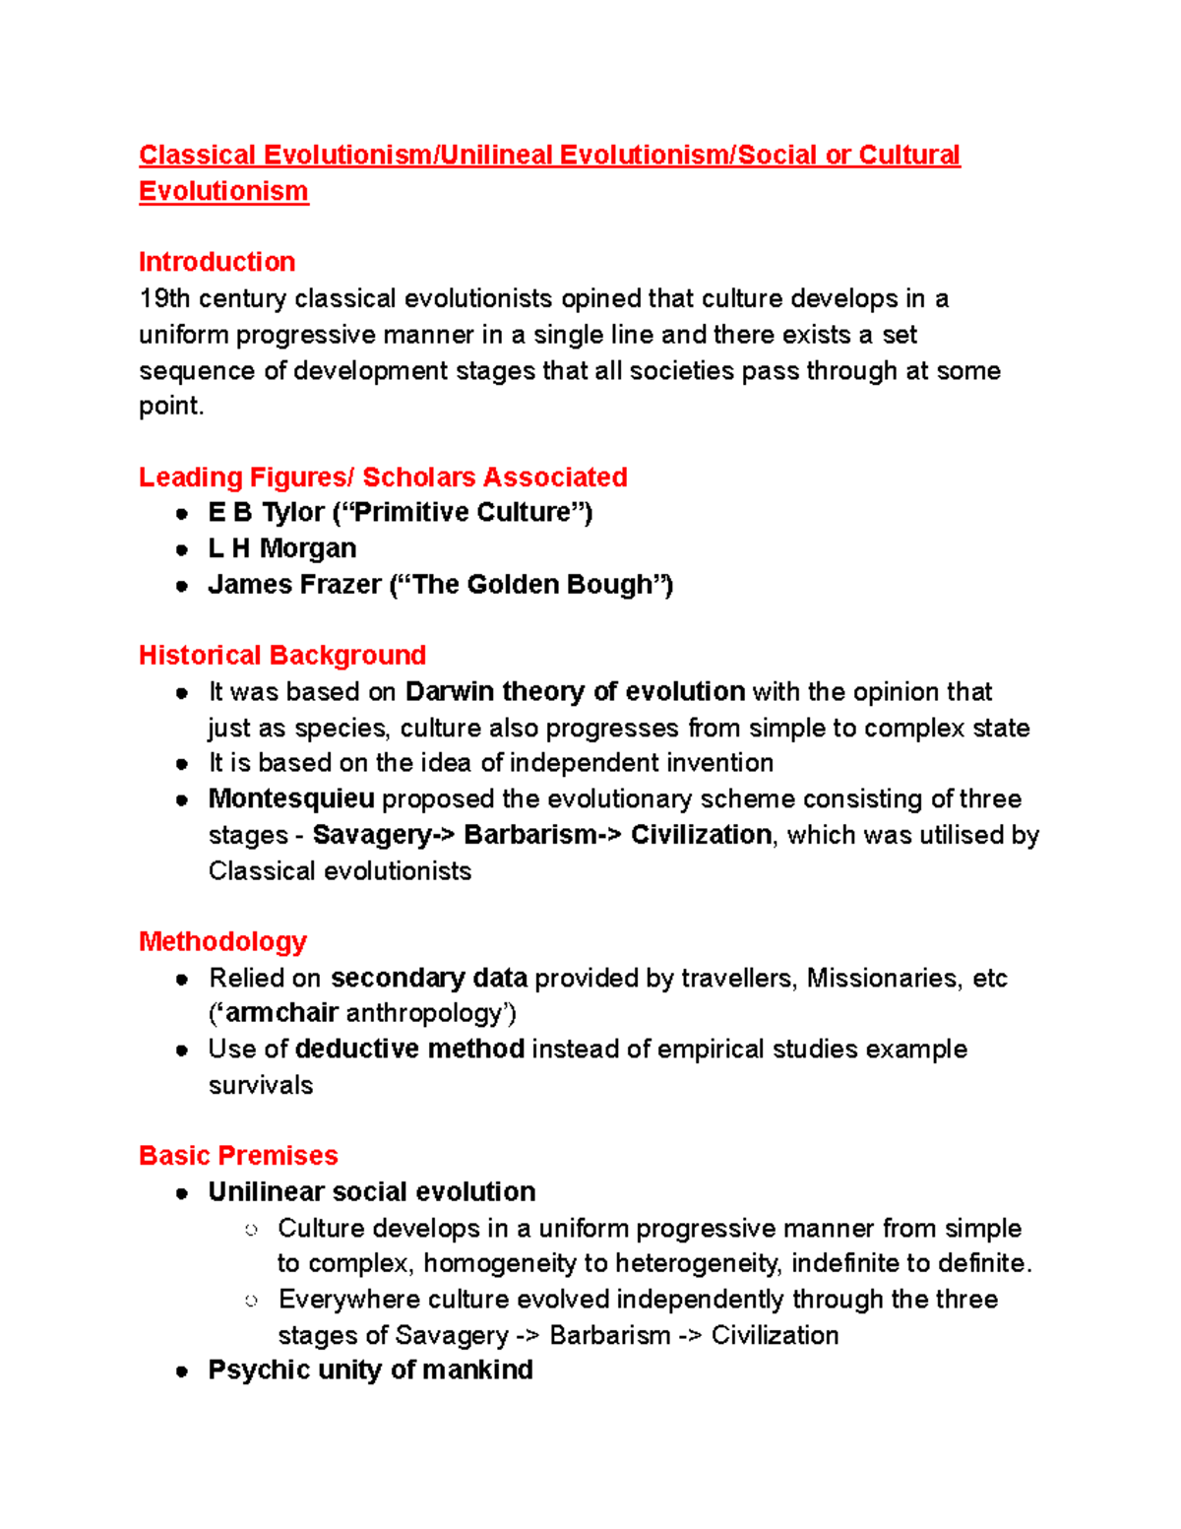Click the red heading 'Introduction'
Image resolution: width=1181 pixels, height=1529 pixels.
tap(217, 262)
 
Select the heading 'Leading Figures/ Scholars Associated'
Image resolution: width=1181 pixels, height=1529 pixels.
tap(383, 478)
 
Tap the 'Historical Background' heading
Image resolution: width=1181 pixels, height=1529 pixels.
tap(282, 656)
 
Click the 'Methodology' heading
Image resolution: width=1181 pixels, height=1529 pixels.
tap(222, 942)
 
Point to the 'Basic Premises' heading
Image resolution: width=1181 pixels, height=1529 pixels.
tap(238, 1156)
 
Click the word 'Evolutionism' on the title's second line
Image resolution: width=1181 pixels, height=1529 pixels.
tap(223, 192)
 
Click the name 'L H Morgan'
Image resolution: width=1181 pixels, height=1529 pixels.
tap(282, 548)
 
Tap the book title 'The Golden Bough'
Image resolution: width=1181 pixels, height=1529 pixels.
tap(532, 585)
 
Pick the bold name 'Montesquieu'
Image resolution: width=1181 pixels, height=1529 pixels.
tap(291, 798)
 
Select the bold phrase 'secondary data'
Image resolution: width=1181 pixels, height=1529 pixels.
tap(429, 978)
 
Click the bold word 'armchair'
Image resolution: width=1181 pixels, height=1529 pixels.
tap(282, 1013)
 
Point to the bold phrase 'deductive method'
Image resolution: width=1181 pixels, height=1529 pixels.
tap(409, 1050)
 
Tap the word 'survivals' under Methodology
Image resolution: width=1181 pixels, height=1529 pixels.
tap(261, 1085)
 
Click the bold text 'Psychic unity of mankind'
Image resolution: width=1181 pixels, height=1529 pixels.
tap(370, 1370)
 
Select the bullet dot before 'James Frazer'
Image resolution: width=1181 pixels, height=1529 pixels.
tap(182, 586)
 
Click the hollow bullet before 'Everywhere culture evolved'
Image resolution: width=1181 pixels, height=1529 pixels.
tap(252, 1301)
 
